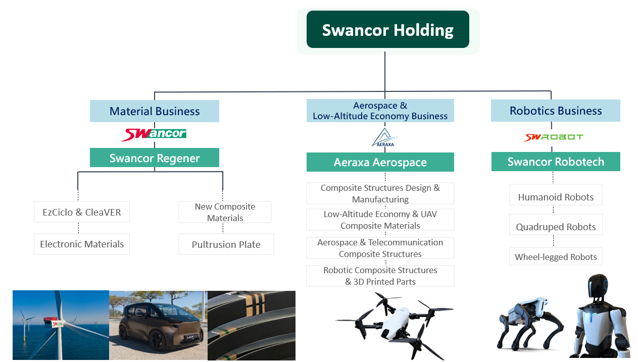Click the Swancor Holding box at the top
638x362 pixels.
387,29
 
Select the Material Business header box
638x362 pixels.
155,111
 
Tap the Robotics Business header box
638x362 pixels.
555,111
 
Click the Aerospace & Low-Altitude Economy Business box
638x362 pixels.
380,111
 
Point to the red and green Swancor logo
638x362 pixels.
154,134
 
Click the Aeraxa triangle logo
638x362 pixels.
384,137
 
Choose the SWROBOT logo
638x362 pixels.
553,137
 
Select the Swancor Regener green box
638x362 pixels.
155,158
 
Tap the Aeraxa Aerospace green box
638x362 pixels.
380,162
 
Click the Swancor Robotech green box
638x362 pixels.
556,162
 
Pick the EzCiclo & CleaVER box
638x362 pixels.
82,212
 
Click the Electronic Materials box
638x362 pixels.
82,244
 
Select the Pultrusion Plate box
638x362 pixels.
226,244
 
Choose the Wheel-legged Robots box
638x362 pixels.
556,256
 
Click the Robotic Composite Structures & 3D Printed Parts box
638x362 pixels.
380,276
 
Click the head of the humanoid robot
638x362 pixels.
598,286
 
